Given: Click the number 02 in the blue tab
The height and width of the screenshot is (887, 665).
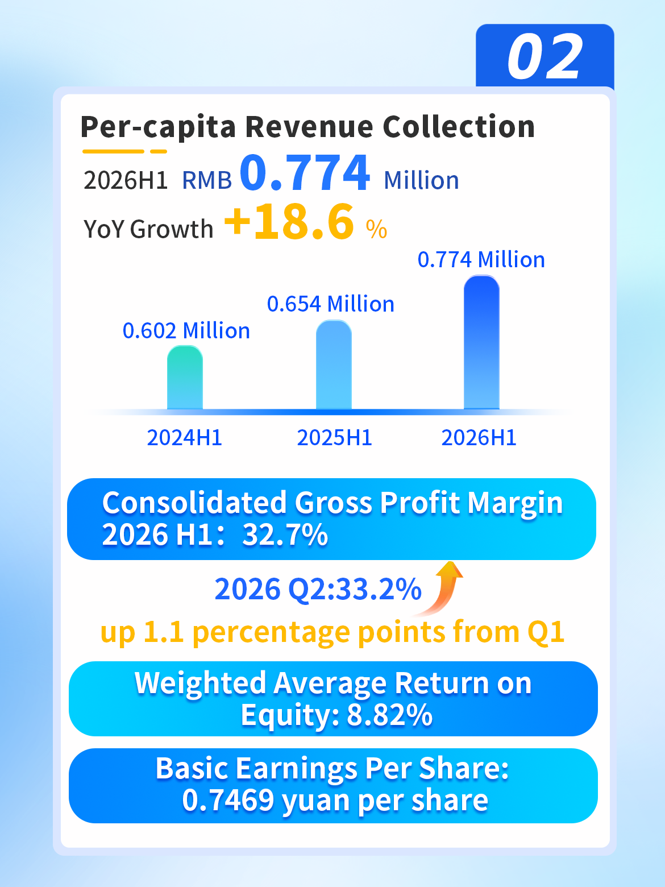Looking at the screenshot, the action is [545, 56].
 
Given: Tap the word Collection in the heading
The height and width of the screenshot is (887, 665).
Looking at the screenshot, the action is [459, 127].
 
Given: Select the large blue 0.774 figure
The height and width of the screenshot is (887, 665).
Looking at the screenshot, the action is [305, 172].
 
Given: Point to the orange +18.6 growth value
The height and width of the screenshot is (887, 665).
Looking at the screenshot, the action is [289, 222].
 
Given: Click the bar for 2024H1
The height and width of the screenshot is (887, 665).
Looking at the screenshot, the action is [185, 378].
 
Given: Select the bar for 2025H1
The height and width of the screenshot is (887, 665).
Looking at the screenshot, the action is [334, 365].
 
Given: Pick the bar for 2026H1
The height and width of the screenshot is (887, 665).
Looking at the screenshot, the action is [481, 343].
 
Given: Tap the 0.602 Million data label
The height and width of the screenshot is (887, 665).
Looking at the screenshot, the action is [186, 330].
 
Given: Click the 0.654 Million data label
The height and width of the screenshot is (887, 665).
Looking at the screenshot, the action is [331, 304].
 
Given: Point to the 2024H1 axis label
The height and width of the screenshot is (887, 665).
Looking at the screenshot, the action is [185, 438].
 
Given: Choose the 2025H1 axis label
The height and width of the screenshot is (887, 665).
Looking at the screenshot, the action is [334, 438].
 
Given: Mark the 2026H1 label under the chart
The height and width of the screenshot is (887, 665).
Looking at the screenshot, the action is [479, 438].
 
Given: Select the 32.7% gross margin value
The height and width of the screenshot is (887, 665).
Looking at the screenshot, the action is [285, 534].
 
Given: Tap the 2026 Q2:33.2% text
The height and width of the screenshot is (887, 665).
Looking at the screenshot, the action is [318, 589].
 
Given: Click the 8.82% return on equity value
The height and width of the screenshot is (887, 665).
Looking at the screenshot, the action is [390, 715].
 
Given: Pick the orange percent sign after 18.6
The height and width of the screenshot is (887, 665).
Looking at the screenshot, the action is [376, 230].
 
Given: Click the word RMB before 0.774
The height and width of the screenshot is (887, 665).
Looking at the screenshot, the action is [207, 180].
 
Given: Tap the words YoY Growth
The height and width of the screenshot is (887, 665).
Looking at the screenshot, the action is [148, 229].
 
